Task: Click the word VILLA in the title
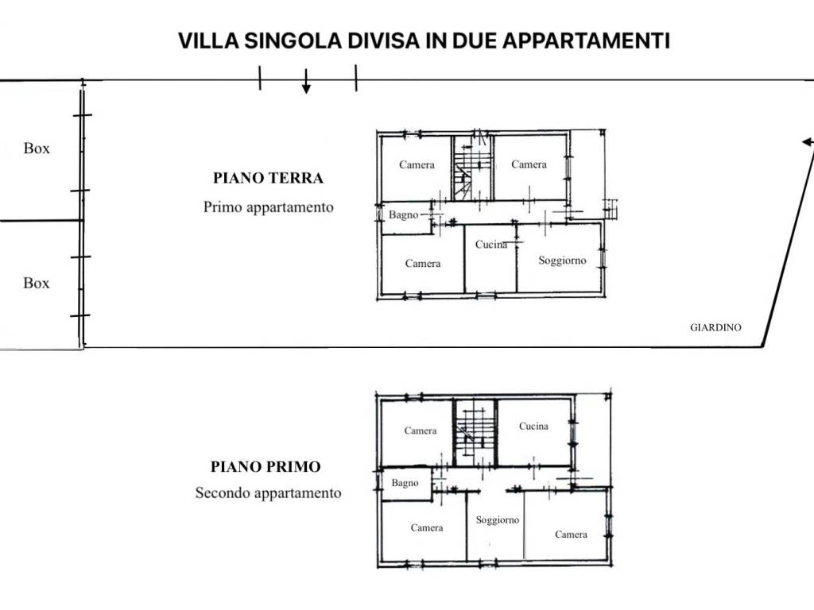click(x=207, y=41)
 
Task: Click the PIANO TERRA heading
click(x=268, y=178)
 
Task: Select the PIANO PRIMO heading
click(x=266, y=467)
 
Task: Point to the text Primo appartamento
click(x=268, y=207)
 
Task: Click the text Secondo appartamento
click(x=268, y=493)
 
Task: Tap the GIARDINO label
click(x=715, y=327)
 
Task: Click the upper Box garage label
click(x=37, y=149)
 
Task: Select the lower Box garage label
click(x=37, y=284)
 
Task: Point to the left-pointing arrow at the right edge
click(x=807, y=142)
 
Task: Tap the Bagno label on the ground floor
click(x=403, y=214)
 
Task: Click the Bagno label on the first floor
click(x=405, y=483)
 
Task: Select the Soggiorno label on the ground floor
click(x=562, y=261)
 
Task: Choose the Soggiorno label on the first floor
click(x=498, y=520)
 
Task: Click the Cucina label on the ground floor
click(x=491, y=245)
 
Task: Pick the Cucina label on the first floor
click(x=533, y=427)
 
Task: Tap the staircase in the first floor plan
click(x=475, y=432)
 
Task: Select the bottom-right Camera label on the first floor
click(x=571, y=535)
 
